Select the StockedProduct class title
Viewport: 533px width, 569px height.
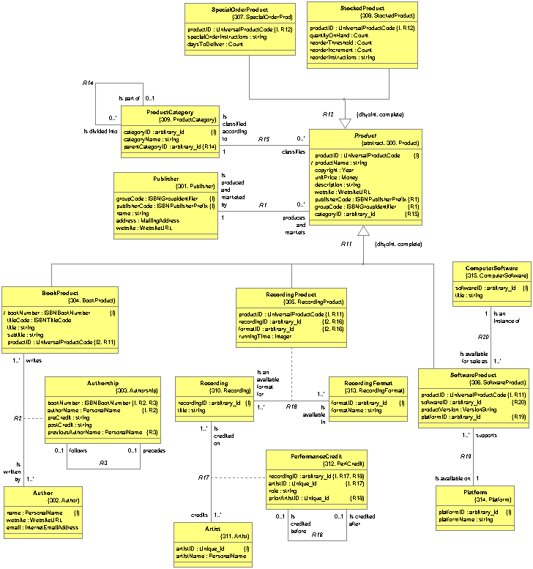(x=362, y=7)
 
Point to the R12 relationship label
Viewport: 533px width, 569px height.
(x=328, y=114)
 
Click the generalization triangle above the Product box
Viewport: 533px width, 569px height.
(x=346, y=124)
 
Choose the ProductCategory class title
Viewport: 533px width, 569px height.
(x=170, y=112)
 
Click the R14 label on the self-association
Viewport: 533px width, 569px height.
(x=88, y=83)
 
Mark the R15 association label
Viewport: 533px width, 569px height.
(x=264, y=139)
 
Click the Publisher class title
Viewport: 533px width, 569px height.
(x=166, y=179)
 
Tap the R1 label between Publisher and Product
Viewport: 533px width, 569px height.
(x=262, y=205)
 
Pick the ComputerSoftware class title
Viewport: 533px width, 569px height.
(x=491, y=269)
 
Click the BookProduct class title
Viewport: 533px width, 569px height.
(x=60, y=293)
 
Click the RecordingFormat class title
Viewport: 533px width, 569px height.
(x=368, y=382)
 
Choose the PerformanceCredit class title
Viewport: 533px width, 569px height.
(x=316, y=455)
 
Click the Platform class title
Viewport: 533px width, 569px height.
(x=475, y=493)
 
